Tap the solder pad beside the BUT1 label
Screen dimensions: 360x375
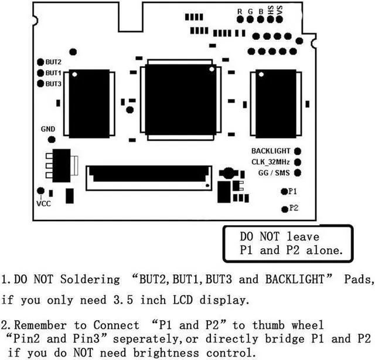(x=40, y=73)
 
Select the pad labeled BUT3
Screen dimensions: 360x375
(x=40, y=84)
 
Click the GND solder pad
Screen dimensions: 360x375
(x=52, y=140)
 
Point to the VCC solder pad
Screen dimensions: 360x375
(x=40, y=191)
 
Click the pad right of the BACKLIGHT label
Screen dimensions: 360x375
(x=298, y=151)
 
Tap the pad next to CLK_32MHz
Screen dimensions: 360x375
(x=298, y=162)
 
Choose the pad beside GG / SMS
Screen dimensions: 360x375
(x=298, y=173)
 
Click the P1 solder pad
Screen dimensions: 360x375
(x=284, y=191)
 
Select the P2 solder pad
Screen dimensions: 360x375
(x=285, y=209)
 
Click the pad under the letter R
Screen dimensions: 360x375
(x=240, y=19)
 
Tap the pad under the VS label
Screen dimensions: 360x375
(x=280, y=19)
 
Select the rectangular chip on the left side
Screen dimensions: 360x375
(x=89, y=103)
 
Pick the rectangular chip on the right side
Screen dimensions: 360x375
(x=275, y=103)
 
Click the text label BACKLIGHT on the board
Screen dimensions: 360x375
(x=271, y=151)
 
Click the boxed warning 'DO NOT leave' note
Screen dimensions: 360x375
(x=288, y=243)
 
